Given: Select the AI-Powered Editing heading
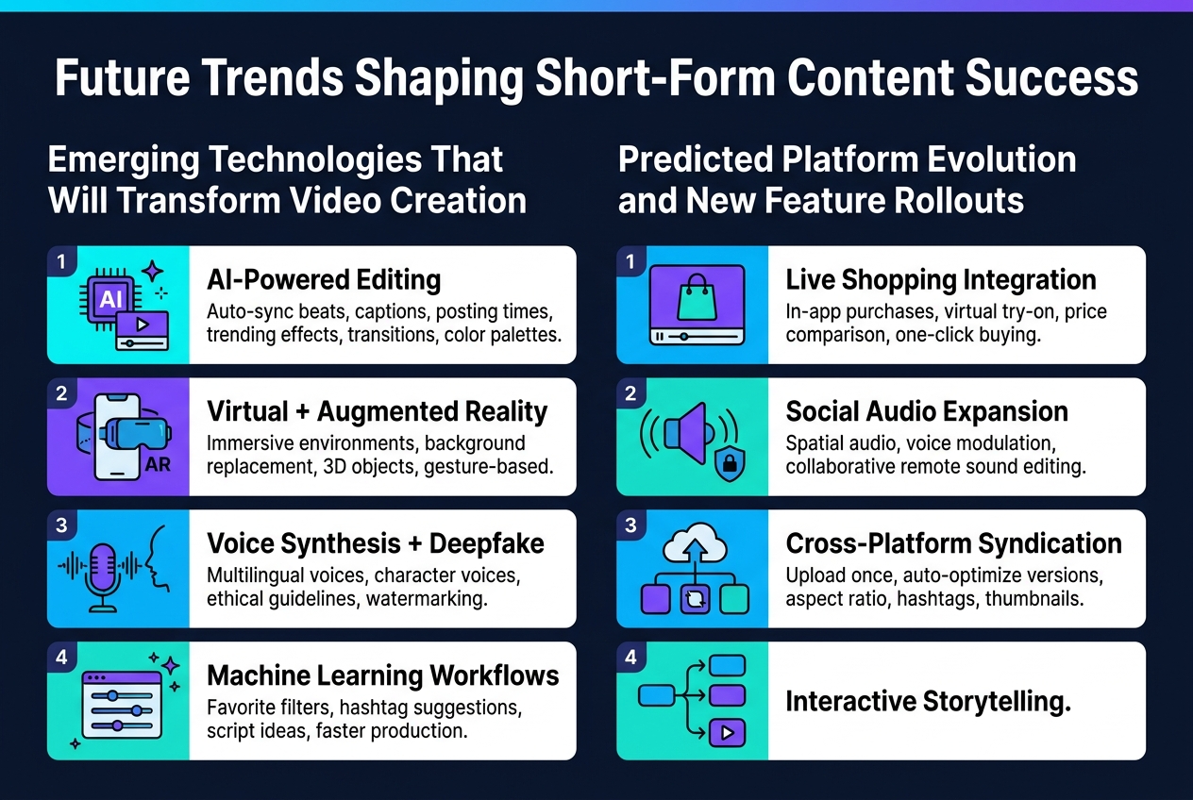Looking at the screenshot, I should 324,280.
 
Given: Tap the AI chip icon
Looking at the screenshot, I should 109,298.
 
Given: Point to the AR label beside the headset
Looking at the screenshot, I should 158,465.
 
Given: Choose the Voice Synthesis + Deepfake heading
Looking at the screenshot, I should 374,544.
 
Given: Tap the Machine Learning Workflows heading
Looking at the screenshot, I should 382,675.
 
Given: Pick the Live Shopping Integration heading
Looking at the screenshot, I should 940,280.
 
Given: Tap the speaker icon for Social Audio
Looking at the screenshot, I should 684,432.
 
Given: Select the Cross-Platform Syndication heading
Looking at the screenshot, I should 953,544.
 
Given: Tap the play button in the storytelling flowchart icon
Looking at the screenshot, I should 727,730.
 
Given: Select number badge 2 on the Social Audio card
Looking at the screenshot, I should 630,392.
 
